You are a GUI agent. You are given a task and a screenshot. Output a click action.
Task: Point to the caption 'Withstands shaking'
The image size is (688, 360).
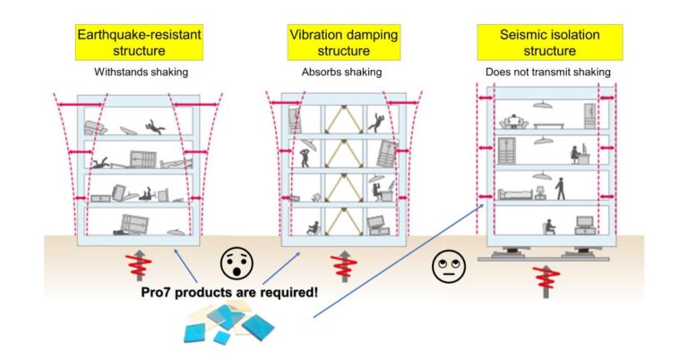pos(138,72)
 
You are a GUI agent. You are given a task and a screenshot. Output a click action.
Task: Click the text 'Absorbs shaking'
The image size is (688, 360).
pos(344,72)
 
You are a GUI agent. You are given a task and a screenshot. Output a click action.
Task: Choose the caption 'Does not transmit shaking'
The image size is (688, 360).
pos(545,72)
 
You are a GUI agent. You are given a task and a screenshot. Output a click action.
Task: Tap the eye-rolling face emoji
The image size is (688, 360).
pos(445,267)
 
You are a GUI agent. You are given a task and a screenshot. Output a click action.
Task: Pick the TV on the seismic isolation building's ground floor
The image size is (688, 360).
pos(586,224)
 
